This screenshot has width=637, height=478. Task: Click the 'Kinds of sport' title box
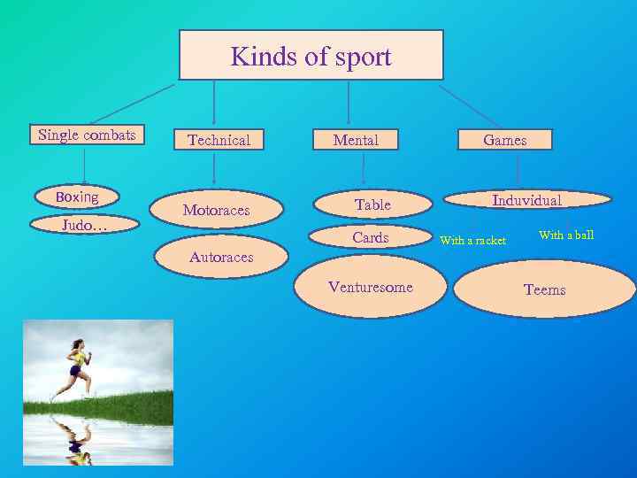311,56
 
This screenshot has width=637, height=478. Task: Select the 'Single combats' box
87,135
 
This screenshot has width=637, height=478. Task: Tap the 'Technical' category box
219,140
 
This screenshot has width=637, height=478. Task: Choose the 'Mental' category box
356,140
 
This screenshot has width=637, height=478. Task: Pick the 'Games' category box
504,140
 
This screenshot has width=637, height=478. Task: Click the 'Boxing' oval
77,197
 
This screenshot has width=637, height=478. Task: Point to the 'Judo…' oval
84,226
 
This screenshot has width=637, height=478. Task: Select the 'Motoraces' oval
217,210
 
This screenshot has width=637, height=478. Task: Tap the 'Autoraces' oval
221,258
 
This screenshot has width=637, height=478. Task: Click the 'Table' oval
372,204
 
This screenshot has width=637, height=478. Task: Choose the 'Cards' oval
371,237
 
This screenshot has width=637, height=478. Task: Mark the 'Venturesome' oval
370,287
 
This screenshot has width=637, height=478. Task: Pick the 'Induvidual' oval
526,200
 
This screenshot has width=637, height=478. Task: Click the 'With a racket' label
473,241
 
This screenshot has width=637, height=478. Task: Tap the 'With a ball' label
566,235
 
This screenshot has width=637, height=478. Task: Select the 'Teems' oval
544,289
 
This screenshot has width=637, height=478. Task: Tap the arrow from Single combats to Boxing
85,166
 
